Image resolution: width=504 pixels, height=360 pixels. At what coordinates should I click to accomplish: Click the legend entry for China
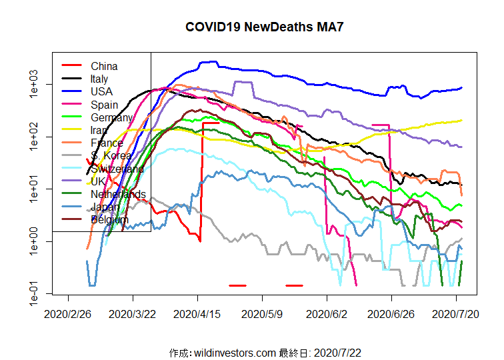104,66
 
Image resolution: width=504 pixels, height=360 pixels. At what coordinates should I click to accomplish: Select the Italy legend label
99,79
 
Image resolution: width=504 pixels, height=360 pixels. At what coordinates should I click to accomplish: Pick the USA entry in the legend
101,92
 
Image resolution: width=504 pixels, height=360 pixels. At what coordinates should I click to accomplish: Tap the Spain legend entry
104,105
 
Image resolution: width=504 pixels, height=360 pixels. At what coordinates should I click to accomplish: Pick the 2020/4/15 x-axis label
197,313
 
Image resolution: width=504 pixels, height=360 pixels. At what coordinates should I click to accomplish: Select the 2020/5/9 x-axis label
262,313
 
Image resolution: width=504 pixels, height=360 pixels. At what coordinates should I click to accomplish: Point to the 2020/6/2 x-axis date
327,313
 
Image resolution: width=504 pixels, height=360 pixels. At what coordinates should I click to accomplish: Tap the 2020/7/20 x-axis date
457,313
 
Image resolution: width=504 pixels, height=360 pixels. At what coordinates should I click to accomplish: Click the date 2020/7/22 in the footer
337,352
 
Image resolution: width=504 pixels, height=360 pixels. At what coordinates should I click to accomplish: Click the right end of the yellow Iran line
461,120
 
